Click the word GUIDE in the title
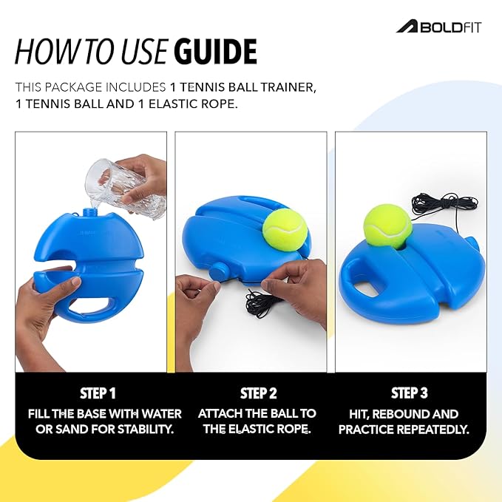215,52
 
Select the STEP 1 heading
98,393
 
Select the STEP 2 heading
257,393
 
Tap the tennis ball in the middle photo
285,228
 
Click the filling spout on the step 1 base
94,211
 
